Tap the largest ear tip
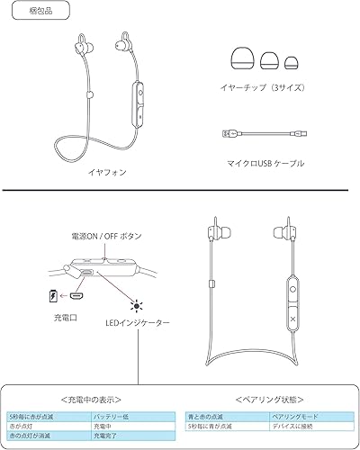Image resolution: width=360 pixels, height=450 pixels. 242,61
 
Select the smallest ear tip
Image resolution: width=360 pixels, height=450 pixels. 290,64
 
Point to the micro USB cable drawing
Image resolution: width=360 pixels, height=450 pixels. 262,134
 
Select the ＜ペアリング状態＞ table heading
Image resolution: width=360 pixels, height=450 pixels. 266,397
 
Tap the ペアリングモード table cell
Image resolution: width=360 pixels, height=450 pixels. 292,417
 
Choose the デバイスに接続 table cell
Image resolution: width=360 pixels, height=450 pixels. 292,426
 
